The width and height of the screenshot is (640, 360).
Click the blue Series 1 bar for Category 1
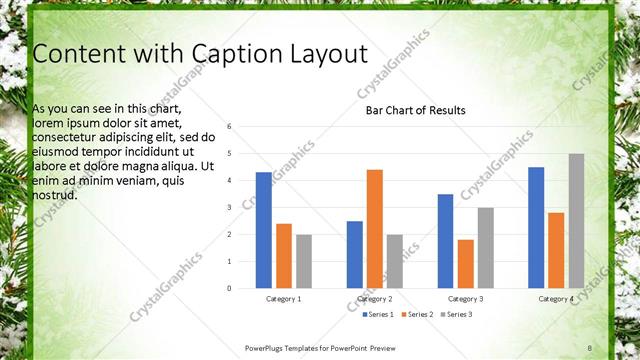pos(264,230)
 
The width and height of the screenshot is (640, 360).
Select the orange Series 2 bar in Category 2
pos(375,229)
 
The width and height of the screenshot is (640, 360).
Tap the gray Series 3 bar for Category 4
pos(576,221)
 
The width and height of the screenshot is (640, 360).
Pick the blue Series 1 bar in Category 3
pos(445,241)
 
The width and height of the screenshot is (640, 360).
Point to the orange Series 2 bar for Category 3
pos(465,264)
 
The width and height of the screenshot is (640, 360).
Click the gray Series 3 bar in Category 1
pos(304,261)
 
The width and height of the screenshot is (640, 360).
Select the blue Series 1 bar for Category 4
pos(536,228)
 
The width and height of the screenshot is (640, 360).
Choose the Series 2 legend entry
pos(419,315)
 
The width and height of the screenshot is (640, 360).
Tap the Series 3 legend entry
pos(457,315)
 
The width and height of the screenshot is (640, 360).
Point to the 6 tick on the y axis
pos(230,127)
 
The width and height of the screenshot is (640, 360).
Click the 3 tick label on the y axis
pos(230,208)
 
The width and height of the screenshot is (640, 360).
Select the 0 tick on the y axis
pos(230,289)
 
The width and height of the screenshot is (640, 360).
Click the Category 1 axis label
pos(284,299)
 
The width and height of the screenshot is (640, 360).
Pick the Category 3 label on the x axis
pos(465,299)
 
